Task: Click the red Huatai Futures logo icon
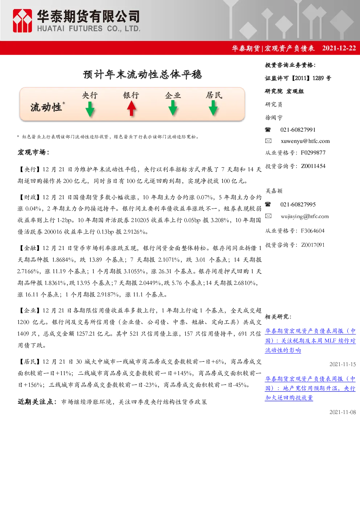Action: pyautogui.click(x=22, y=21)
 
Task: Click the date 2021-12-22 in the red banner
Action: pyautogui.click(x=339, y=48)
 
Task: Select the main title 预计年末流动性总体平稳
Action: pyautogui.click(x=143, y=74)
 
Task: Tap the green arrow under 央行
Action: pyautogui.click(x=90, y=109)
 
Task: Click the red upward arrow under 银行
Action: pyautogui.click(x=131, y=108)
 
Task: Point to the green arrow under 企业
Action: pyautogui.click(x=173, y=108)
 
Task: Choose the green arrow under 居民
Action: pyautogui.click(x=213, y=108)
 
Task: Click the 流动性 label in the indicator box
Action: pyautogui.click(x=46, y=107)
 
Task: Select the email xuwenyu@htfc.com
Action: pyautogui.click(x=305, y=141)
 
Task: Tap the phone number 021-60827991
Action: pyautogui.click(x=298, y=130)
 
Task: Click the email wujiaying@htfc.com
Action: pyautogui.click(x=305, y=216)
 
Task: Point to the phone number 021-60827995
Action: pyautogui.click(x=298, y=205)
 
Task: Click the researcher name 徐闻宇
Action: pyautogui.click(x=274, y=118)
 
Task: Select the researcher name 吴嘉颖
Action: pyautogui.click(x=274, y=191)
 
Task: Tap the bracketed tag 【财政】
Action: pyautogui.click(x=30, y=197)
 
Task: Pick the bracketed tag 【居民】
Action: pyautogui.click(x=30, y=362)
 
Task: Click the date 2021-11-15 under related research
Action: pyautogui.click(x=343, y=364)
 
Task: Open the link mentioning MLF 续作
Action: pyautogui.click(x=310, y=341)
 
